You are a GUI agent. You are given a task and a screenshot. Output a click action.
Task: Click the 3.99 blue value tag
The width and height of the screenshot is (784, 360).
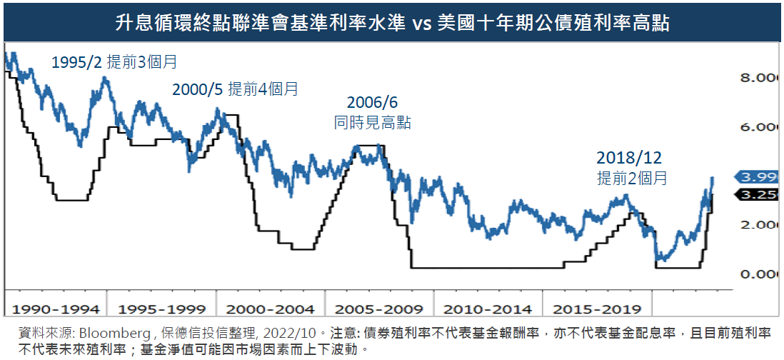(x=759, y=176)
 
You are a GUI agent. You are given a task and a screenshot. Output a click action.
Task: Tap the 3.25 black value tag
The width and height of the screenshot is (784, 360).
(x=759, y=194)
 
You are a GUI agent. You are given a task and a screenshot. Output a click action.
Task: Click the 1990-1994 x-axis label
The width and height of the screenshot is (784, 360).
(x=55, y=309)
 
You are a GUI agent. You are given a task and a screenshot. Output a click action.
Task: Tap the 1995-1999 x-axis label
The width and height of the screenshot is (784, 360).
(x=162, y=309)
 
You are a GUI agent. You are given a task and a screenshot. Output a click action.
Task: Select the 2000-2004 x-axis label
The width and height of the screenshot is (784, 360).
(x=271, y=309)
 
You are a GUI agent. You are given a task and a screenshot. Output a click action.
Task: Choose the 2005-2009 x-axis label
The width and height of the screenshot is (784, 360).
(x=379, y=309)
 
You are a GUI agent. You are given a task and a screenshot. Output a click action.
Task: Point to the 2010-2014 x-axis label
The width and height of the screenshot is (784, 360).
(x=488, y=309)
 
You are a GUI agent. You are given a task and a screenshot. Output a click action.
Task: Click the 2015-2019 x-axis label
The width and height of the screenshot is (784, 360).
(x=596, y=309)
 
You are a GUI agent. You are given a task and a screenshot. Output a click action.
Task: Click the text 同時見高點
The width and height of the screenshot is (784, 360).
(x=373, y=122)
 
